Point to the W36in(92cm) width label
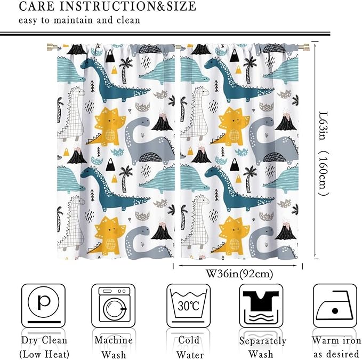[x=239, y=274]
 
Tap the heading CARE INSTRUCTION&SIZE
[x=107, y=7]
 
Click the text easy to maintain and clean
[x=79, y=20]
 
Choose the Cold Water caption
[x=189, y=347]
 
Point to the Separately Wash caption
[x=262, y=347]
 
